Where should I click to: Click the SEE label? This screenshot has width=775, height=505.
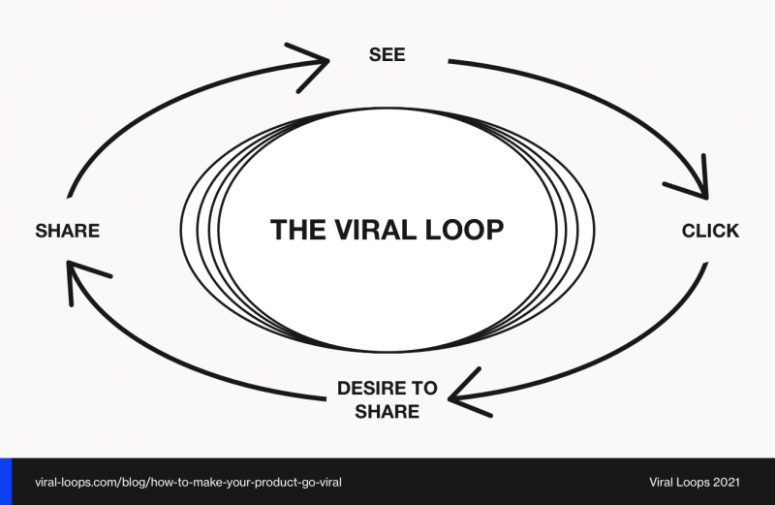(x=387, y=54)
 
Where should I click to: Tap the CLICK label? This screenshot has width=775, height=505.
(x=710, y=231)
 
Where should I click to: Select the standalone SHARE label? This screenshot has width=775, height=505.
(x=67, y=231)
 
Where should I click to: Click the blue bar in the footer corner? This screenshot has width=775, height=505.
(x=4, y=482)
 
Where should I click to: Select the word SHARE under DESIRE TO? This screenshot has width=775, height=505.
(x=387, y=411)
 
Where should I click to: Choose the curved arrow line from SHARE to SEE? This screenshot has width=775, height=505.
(x=145, y=107)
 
